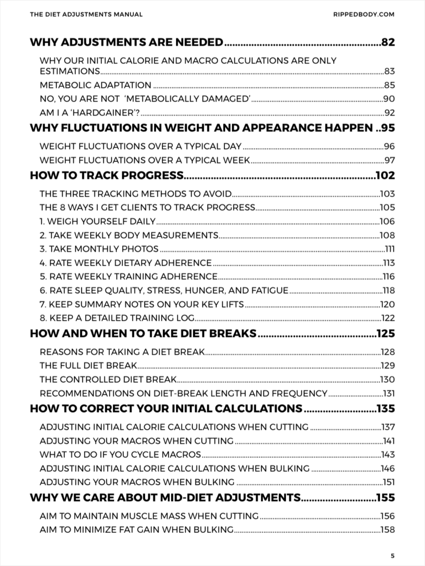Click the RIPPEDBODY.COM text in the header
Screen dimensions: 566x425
pos(365,14)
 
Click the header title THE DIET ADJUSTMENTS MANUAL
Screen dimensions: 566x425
pos(86,14)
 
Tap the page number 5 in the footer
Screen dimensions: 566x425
pos(392,555)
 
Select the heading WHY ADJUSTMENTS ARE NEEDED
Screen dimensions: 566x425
pos(126,42)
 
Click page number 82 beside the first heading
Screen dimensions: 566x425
pos(388,42)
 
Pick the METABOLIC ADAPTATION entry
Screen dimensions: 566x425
pos(96,85)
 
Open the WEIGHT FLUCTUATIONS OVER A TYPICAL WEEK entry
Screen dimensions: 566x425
pos(145,160)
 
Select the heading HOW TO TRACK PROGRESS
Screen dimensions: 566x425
pos(106,176)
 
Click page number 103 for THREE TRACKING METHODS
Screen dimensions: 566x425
pos(387,194)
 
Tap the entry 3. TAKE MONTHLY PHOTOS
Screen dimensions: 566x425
pos(99,249)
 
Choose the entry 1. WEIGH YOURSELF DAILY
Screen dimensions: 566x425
pos(97,222)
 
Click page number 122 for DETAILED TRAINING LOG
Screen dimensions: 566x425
pos(387,317)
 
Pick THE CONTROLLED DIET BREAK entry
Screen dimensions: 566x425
pos(108,379)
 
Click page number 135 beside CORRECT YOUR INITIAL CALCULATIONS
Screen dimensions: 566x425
pos(385,408)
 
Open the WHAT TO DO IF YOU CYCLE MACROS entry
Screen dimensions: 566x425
pos(120,454)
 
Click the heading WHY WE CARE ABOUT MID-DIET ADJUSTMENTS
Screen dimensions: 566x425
pos(164,497)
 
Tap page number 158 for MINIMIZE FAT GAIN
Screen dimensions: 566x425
pos(387,530)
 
